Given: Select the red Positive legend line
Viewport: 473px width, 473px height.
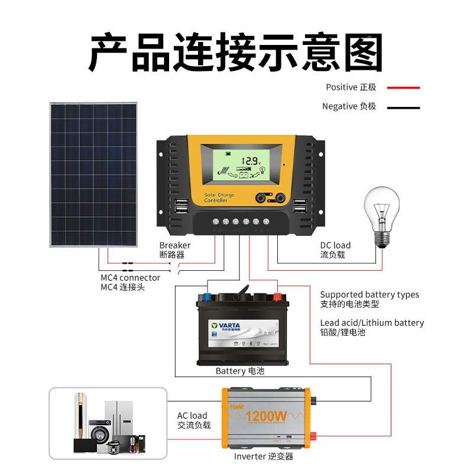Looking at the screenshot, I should [x=403, y=88].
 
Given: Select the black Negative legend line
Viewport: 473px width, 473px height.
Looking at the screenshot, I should [x=403, y=108].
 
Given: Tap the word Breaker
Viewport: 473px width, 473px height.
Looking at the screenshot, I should [x=175, y=245].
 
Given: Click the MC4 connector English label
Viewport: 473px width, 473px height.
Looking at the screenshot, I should [x=130, y=277].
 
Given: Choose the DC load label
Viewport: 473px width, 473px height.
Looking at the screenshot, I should [x=335, y=245].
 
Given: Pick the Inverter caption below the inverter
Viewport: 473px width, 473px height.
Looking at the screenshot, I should [x=263, y=456].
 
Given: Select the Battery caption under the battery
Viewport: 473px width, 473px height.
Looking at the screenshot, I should [x=239, y=371].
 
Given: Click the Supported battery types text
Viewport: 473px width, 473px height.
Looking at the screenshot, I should [x=370, y=294].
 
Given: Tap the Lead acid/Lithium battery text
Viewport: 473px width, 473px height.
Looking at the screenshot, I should [x=372, y=323].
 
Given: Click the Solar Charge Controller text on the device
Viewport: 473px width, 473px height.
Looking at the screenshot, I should [x=219, y=198].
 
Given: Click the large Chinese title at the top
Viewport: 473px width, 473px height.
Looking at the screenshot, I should [x=237, y=53].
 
